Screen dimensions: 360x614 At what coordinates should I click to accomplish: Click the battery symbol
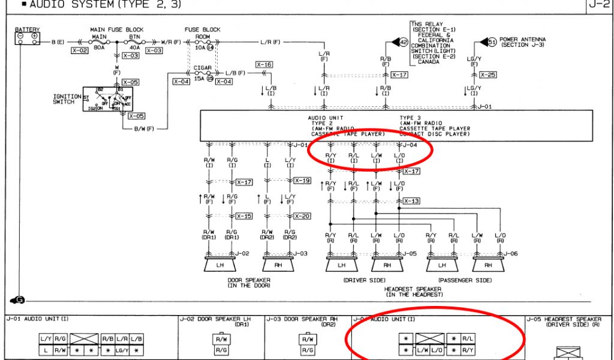pos(27,38)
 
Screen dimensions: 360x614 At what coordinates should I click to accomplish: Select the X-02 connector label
pos(80,51)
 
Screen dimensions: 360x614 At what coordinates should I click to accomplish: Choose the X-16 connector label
pos(264,64)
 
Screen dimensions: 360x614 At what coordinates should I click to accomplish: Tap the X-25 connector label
pos(488,75)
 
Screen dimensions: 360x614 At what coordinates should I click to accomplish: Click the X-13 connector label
pos(411,201)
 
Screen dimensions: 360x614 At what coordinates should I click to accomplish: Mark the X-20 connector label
pos(302,216)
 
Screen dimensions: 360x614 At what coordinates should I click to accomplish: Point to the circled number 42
pos(404,42)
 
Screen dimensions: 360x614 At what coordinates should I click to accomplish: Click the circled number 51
pos(492,42)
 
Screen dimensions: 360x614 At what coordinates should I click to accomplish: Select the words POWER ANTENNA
pos(522,40)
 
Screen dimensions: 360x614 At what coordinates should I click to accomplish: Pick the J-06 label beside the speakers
pos(511,254)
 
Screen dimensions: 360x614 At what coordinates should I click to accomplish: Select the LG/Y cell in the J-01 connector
pos(122,350)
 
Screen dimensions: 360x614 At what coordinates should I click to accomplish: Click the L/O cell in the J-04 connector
pos(436,349)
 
